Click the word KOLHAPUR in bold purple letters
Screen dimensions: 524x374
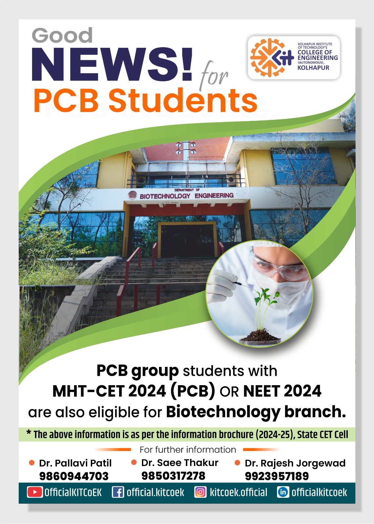pos(313,68)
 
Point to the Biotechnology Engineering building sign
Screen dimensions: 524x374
pos(186,196)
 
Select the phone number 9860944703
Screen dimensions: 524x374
pos(74,476)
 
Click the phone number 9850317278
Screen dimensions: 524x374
pos(173,476)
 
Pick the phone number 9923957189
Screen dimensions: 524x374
pos(277,476)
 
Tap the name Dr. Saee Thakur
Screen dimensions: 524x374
pos(180,463)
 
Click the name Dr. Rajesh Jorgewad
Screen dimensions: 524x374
pos(295,463)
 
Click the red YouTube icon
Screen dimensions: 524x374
pos(35,492)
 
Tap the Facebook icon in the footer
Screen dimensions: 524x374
pos(118,492)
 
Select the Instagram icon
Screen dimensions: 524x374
pos(200,492)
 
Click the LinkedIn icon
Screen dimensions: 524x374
pos(283,492)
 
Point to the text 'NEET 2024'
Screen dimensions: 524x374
pos(282,391)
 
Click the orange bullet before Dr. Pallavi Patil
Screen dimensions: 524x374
pos(32,463)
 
